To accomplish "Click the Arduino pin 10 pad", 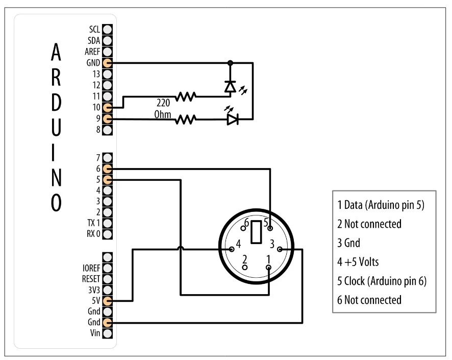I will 107,108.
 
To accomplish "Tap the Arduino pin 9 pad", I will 107,119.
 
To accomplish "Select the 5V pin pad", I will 107,301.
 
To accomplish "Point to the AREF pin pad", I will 107,52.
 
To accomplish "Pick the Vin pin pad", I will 107,334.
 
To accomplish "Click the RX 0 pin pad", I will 107,234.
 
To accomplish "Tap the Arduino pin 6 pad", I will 107,168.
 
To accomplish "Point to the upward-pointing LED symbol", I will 230,87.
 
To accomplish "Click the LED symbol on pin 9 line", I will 233,119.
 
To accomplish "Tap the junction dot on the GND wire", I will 230,63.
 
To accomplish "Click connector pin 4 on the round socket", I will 232,249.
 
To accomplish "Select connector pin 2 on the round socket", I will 245,267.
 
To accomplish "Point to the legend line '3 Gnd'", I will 352,243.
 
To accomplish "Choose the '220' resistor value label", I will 163,102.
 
